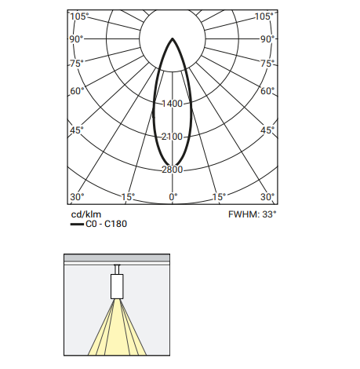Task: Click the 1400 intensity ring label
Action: (172, 104)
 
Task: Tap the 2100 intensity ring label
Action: (172, 137)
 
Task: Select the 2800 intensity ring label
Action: (172, 170)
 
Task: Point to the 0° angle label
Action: (173, 197)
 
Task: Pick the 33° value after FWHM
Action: (269, 214)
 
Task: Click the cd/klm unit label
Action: (86, 214)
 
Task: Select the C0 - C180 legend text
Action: (106, 224)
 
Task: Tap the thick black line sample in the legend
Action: (77, 225)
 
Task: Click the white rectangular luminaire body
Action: (117, 287)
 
